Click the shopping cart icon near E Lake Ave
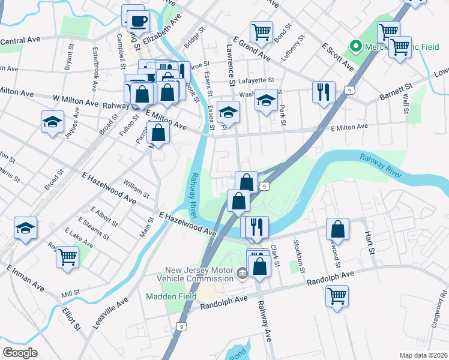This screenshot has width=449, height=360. [68, 257]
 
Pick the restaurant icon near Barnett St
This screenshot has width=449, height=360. [323, 92]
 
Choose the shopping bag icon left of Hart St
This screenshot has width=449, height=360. [338, 229]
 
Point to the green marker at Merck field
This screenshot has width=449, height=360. [355, 46]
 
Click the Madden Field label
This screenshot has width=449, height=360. [166, 297]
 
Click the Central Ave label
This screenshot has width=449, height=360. [20, 40]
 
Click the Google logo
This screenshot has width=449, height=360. [20, 352]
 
